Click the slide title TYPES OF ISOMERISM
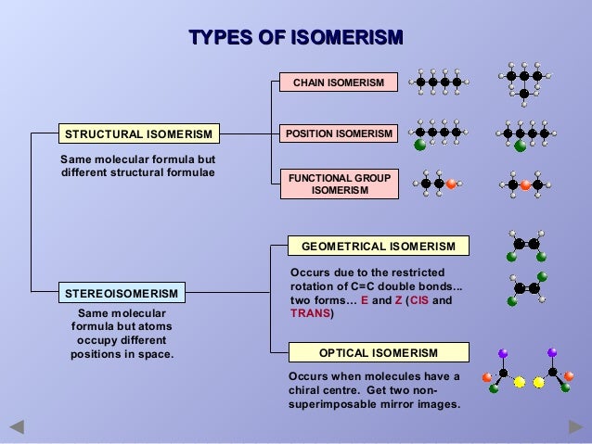pos(295,38)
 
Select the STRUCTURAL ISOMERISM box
pos(136,134)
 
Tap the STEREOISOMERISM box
pos(122,294)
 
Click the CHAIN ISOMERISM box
pos(339,82)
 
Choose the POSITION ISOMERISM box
pos(339,134)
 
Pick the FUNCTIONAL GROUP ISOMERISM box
pos(339,184)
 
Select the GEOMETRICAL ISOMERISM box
pos(378,246)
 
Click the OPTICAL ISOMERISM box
pos(378,353)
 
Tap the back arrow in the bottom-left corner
pos(16,428)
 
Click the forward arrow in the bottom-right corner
pos(575,427)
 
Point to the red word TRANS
pos(309,314)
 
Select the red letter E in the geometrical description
pos(365,300)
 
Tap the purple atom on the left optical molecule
pos(503,353)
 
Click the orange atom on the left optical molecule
pos(487,377)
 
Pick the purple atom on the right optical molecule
pos(552,353)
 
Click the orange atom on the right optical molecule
pos(569,377)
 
